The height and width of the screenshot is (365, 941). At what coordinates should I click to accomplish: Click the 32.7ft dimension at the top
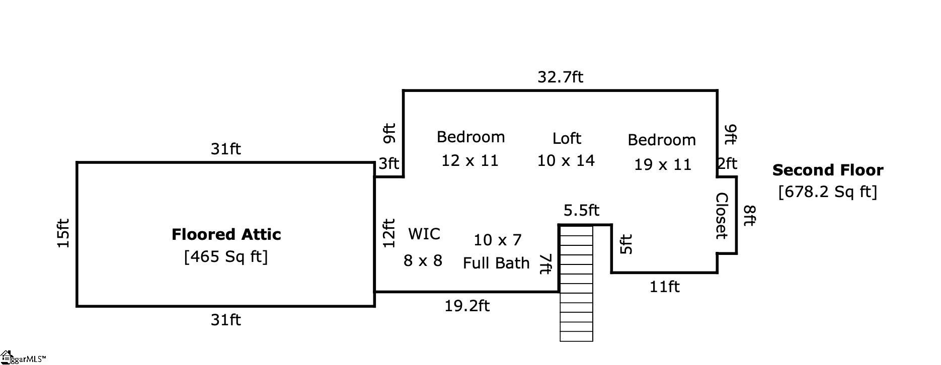coord(560,77)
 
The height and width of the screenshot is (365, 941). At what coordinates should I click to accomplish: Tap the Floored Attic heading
coord(226,234)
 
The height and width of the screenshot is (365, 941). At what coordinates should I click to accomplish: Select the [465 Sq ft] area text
coord(226,256)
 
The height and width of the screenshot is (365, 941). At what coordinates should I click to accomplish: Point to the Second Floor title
coord(827,170)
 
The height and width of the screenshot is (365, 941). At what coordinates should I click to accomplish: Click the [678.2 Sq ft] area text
coord(827,192)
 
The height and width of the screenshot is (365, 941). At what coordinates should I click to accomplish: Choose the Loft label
coord(567,138)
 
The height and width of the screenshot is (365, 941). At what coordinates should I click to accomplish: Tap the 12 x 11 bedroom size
coord(470,161)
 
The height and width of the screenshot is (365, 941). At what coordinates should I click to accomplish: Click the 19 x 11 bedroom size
coord(662,164)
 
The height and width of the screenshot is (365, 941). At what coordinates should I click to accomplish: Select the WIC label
coord(424,234)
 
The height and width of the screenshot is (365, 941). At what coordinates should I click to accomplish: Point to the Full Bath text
coord(496,263)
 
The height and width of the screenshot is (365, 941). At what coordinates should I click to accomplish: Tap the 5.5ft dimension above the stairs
coord(581,210)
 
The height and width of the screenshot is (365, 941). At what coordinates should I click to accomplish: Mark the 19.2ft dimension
coord(467,306)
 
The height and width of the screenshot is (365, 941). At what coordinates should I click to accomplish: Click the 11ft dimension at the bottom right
coord(664,287)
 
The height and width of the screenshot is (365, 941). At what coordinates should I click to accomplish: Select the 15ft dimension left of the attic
coord(63,233)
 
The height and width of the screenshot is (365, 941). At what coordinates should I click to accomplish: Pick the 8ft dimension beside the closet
coord(749,215)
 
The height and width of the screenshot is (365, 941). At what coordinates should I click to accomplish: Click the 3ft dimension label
coord(388,163)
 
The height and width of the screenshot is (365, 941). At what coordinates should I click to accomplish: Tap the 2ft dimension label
coord(727,163)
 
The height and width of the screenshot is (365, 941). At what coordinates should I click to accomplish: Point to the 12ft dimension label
coord(389,233)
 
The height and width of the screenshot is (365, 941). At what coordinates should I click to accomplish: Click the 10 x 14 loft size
coord(566,161)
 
